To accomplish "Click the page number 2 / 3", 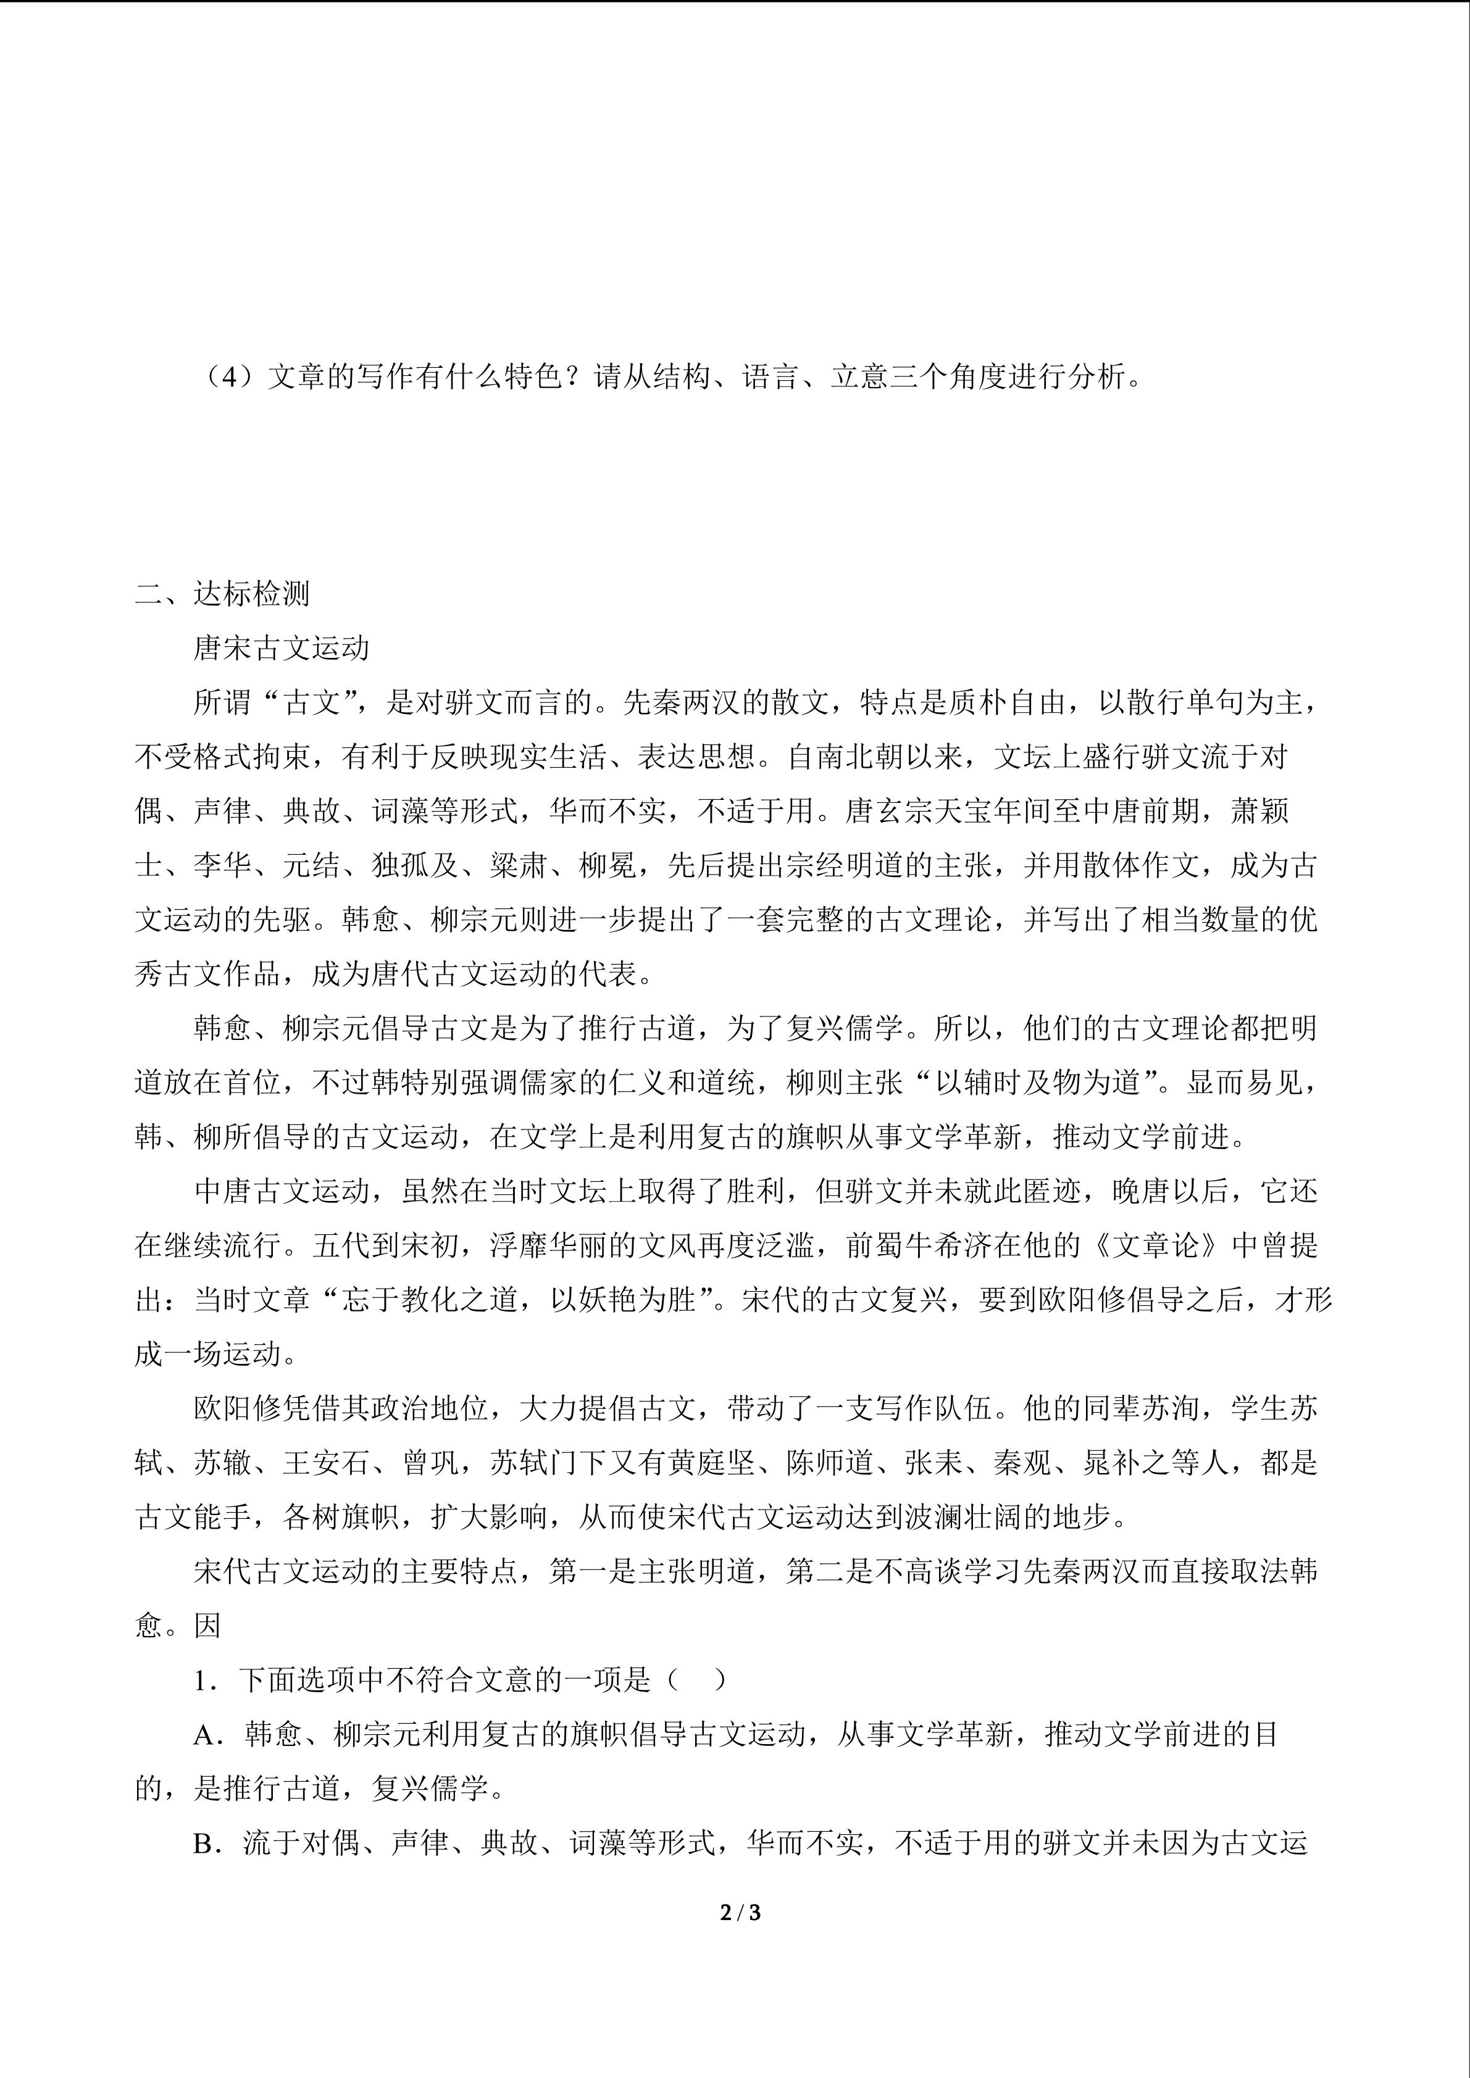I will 740,1913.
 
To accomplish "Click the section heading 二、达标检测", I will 223,594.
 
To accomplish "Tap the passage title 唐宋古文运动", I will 282,648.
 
